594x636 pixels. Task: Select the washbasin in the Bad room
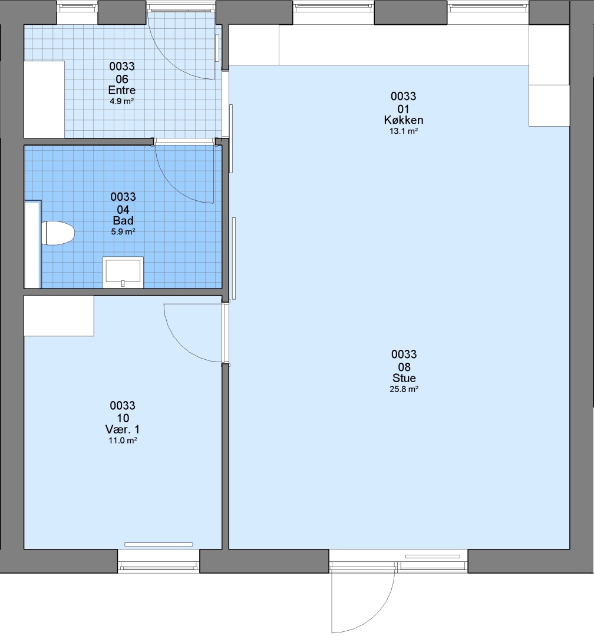click(x=123, y=271)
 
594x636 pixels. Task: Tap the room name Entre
click(x=122, y=90)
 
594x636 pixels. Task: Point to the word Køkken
click(x=404, y=120)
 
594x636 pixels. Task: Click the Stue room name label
click(x=404, y=378)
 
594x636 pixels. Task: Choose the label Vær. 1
click(x=123, y=429)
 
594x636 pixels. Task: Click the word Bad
click(x=123, y=221)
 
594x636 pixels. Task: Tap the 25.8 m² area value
click(x=404, y=389)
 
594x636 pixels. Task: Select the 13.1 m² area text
click(x=404, y=131)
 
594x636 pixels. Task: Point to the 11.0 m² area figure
click(x=123, y=440)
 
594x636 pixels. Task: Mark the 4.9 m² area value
click(x=122, y=101)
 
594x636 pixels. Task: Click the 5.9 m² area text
click(x=123, y=232)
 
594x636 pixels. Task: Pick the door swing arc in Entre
click(x=170, y=61)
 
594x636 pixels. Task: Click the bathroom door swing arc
click(x=174, y=187)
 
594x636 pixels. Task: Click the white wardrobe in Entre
click(x=44, y=100)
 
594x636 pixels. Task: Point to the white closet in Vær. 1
click(x=59, y=316)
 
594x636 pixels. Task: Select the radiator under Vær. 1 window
click(x=159, y=544)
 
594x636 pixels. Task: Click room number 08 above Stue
click(x=404, y=367)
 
